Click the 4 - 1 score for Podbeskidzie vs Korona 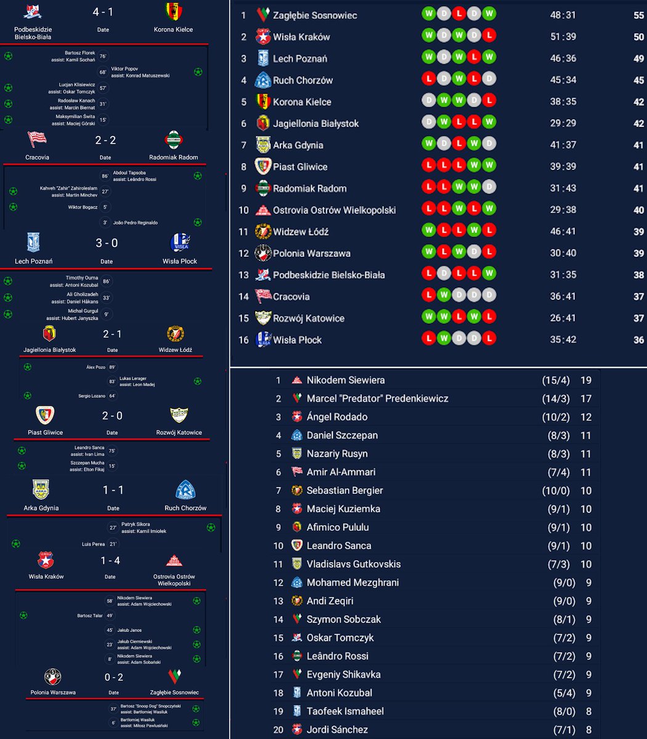point(102,12)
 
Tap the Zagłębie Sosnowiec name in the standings point(315,15)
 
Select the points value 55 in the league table point(638,15)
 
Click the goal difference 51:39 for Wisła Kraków point(563,37)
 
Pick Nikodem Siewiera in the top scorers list point(346,380)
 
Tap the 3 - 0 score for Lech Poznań point(107,243)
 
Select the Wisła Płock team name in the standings point(298,340)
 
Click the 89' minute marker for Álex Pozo point(112,367)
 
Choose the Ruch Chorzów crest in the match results point(185,490)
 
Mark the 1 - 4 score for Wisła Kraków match point(110,560)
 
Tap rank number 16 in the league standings point(243,340)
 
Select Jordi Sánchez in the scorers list point(337,730)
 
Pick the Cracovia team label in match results point(38,157)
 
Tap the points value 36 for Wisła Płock point(638,340)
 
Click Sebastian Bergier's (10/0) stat point(556,491)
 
